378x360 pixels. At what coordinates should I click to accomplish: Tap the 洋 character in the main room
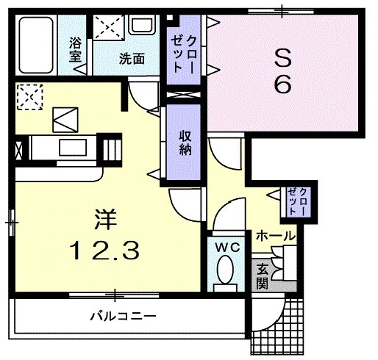click(x=103, y=220)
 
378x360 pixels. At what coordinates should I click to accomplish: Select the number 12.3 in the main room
click(x=103, y=251)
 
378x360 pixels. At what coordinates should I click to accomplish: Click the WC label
click(x=227, y=248)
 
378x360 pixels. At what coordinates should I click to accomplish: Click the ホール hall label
click(x=275, y=237)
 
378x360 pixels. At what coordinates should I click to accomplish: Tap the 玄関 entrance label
click(x=263, y=275)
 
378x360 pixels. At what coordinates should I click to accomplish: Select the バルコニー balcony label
click(x=123, y=317)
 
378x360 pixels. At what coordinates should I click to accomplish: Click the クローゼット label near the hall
click(x=299, y=200)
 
